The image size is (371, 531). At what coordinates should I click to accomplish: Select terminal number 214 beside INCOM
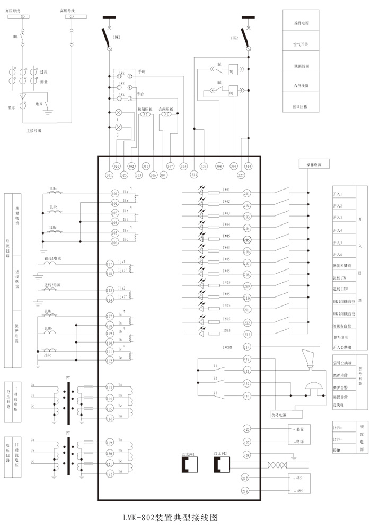246,347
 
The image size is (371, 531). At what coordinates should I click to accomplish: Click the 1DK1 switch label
117,38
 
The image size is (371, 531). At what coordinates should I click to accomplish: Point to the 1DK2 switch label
235,38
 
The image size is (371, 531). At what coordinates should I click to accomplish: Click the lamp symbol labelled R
119,113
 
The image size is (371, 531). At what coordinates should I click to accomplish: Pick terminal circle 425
246,429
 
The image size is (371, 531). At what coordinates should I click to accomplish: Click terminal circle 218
246,491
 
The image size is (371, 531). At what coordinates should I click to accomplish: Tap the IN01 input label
226,190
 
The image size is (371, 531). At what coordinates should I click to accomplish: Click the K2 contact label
215,379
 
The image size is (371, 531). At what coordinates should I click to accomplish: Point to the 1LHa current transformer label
54,189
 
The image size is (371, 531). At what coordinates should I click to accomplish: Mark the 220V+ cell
338,427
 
